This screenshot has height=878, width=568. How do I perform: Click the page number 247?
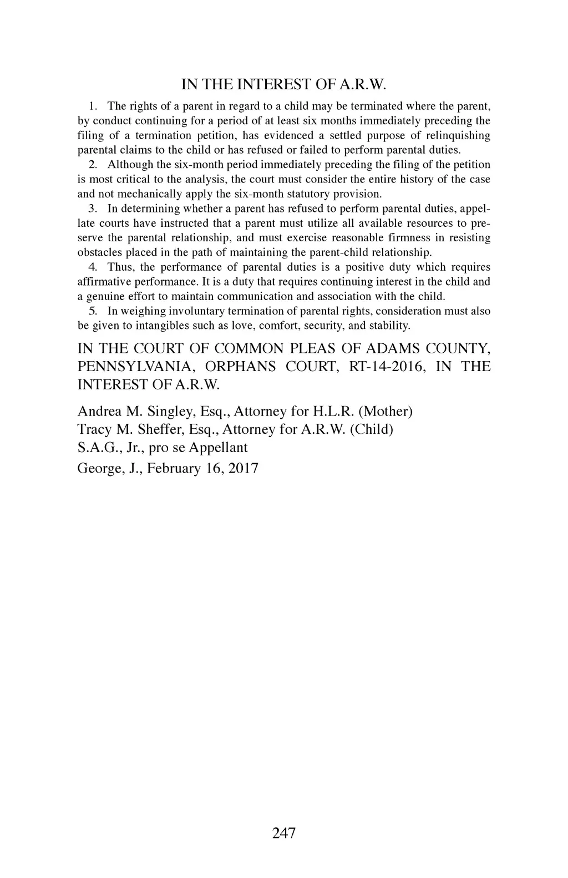pyautogui.click(x=284, y=833)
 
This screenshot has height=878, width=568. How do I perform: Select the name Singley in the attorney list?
pyautogui.click(x=172, y=412)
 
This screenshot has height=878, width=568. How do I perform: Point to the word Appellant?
pyautogui.click(x=214, y=448)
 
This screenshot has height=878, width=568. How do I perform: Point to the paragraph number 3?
pyautogui.click(x=93, y=209)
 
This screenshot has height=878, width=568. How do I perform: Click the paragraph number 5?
pyautogui.click(x=93, y=311)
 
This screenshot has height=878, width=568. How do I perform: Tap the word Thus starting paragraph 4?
pyautogui.click(x=119, y=267)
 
